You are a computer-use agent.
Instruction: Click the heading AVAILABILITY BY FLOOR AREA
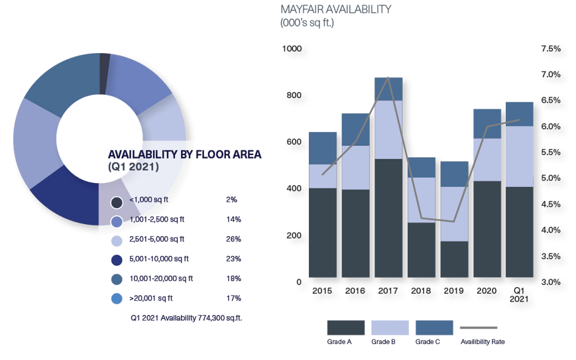[184, 154]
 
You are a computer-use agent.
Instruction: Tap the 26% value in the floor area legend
[233, 239]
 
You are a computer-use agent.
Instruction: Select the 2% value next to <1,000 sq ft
[231, 199]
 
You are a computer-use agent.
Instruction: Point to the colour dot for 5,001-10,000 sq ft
[117, 259]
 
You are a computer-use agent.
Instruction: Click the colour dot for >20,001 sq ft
[117, 299]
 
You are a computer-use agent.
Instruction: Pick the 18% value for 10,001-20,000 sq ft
[233, 278]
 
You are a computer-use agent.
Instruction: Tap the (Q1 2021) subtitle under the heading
[133, 168]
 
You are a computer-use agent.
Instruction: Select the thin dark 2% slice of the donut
[104, 64]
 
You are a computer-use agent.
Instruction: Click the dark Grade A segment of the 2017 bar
[388, 219]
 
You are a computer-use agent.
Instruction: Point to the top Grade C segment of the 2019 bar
[453, 174]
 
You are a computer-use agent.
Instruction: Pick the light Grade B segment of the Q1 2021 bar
[519, 156]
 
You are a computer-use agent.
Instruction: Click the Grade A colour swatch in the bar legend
[345, 328]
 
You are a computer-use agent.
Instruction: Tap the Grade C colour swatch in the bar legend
[434, 328]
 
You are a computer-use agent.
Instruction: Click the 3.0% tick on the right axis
[549, 281]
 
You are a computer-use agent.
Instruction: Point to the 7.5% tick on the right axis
[549, 48]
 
